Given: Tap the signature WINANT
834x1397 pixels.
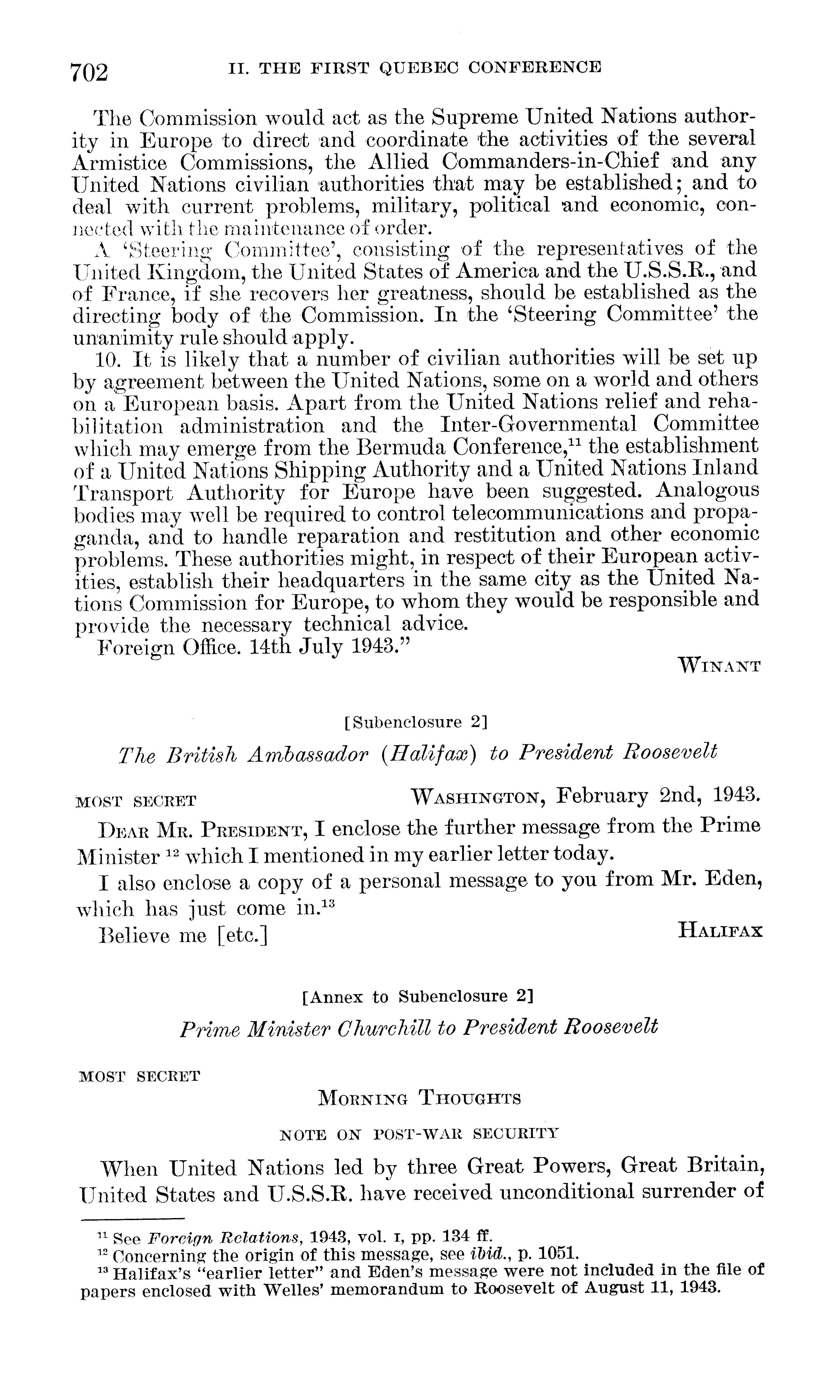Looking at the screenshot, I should click(719, 667).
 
